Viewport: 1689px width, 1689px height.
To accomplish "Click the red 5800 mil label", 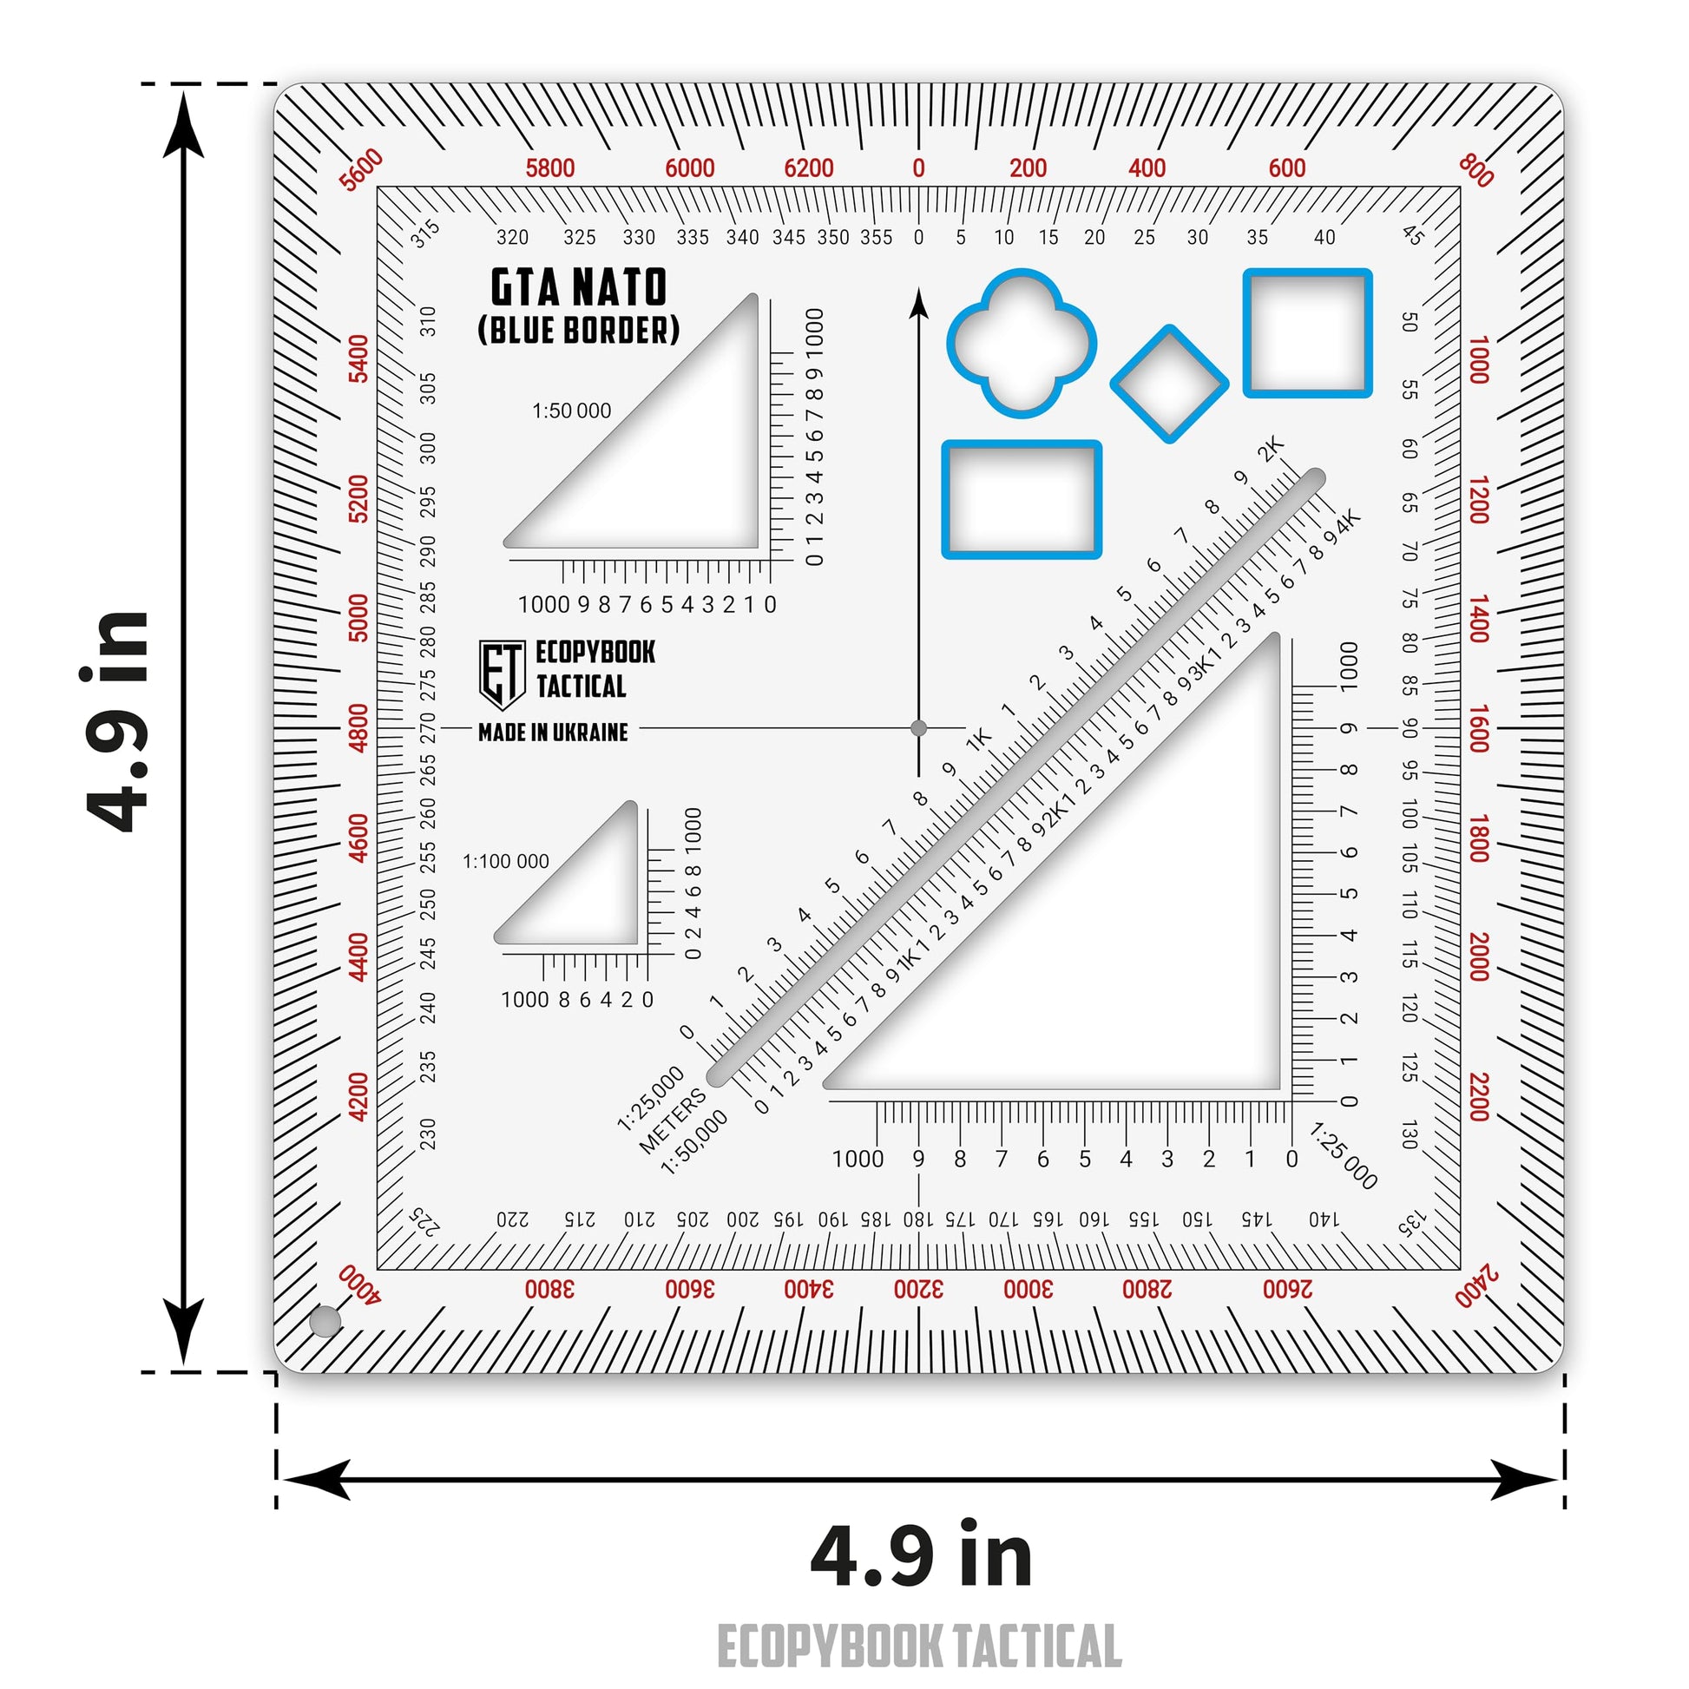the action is [550, 168].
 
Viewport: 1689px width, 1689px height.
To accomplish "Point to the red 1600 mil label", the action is [1478, 728].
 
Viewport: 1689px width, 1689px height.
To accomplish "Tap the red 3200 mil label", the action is [918, 1289].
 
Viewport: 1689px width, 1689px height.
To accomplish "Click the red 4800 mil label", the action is [358, 728].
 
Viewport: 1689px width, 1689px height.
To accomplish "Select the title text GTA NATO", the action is [579, 287].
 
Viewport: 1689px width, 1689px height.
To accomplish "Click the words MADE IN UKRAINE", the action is [553, 733].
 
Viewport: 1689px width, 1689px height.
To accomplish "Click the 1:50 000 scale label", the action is [572, 411].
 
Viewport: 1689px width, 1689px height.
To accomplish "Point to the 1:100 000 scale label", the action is [505, 861].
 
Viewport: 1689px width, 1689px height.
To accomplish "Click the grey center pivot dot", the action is [919, 728].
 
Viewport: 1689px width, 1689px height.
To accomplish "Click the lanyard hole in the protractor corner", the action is [325, 1322].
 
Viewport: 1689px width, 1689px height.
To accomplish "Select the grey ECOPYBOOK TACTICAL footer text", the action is [919, 1647].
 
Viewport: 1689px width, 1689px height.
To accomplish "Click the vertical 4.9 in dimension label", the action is [118, 722].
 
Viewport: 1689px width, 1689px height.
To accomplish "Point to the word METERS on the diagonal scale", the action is [672, 1121].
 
